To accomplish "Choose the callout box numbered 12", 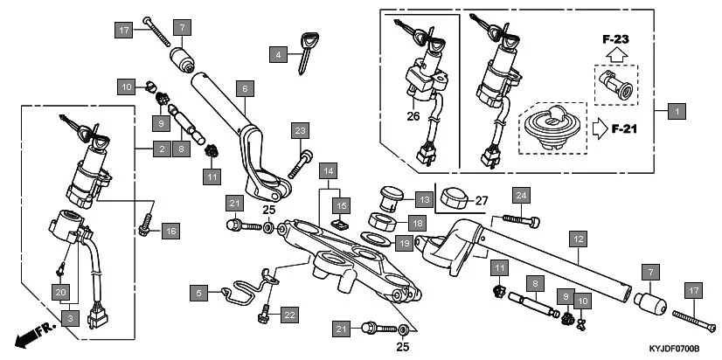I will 577,237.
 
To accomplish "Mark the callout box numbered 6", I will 245,89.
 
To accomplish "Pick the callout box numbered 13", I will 423,200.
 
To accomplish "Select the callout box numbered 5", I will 200,294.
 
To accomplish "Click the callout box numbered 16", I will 170,231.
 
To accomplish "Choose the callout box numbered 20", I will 60,291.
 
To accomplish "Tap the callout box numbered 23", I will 300,130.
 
